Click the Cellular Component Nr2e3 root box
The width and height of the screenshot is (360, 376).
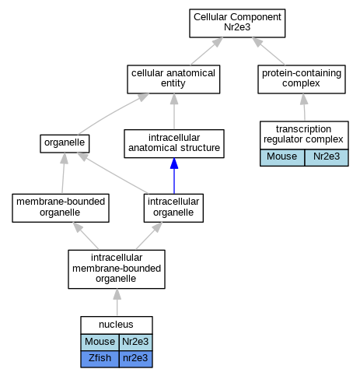pyautogui.click(x=237, y=23)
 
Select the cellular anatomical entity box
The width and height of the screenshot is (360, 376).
pyautogui.click(x=173, y=79)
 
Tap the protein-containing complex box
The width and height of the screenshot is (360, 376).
pyautogui.click(x=302, y=79)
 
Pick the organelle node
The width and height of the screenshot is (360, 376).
pyautogui.click(x=65, y=143)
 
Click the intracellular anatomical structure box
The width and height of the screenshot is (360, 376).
pyautogui.click(x=174, y=143)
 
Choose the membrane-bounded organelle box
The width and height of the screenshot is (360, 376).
pyautogui.click(x=61, y=208)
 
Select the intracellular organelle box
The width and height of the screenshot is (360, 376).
pyautogui.click(x=173, y=208)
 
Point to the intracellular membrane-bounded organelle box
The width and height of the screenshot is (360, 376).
pyautogui.click(x=117, y=269)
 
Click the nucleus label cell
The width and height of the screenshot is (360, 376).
pyautogui.click(x=117, y=325)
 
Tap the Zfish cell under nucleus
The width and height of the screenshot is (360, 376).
pyautogui.click(x=100, y=359)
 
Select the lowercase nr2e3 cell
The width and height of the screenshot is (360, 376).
pyautogui.click(x=135, y=359)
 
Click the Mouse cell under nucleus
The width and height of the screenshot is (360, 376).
pyautogui.click(x=100, y=343)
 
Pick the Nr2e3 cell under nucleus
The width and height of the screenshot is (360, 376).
pyautogui.click(x=135, y=343)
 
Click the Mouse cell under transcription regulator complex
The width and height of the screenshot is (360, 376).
pyautogui.click(x=282, y=157)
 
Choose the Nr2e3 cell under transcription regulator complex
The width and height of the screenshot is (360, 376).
pyautogui.click(x=327, y=157)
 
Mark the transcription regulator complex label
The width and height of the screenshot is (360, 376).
pyautogui.click(x=304, y=135)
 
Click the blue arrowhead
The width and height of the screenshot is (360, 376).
pyautogui.click(x=174, y=163)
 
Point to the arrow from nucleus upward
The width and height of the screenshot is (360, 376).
pyautogui.click(x=117, y=302)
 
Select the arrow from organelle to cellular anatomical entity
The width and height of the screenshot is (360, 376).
pyautogui.click(x=113, y=114)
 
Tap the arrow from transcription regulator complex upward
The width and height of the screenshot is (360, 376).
pyautogui.click(x=304, y=107)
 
